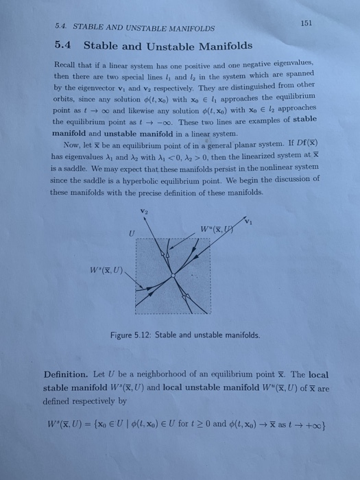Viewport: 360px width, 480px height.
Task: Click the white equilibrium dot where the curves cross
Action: pyautogui.click(x=173, y=276)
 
